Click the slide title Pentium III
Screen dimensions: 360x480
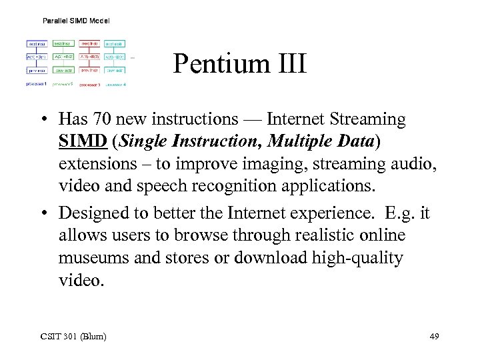point(239,65)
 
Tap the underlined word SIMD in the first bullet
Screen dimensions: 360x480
point(77,141)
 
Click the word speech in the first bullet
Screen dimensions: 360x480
point(156,185)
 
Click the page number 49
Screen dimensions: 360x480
point(434,335)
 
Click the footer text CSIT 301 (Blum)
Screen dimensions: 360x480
point(73,335)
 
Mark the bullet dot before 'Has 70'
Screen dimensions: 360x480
point(43,120)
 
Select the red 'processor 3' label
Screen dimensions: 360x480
point(90,85)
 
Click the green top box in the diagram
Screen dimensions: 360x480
point(63,43)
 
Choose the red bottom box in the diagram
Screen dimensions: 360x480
point(89,70)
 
